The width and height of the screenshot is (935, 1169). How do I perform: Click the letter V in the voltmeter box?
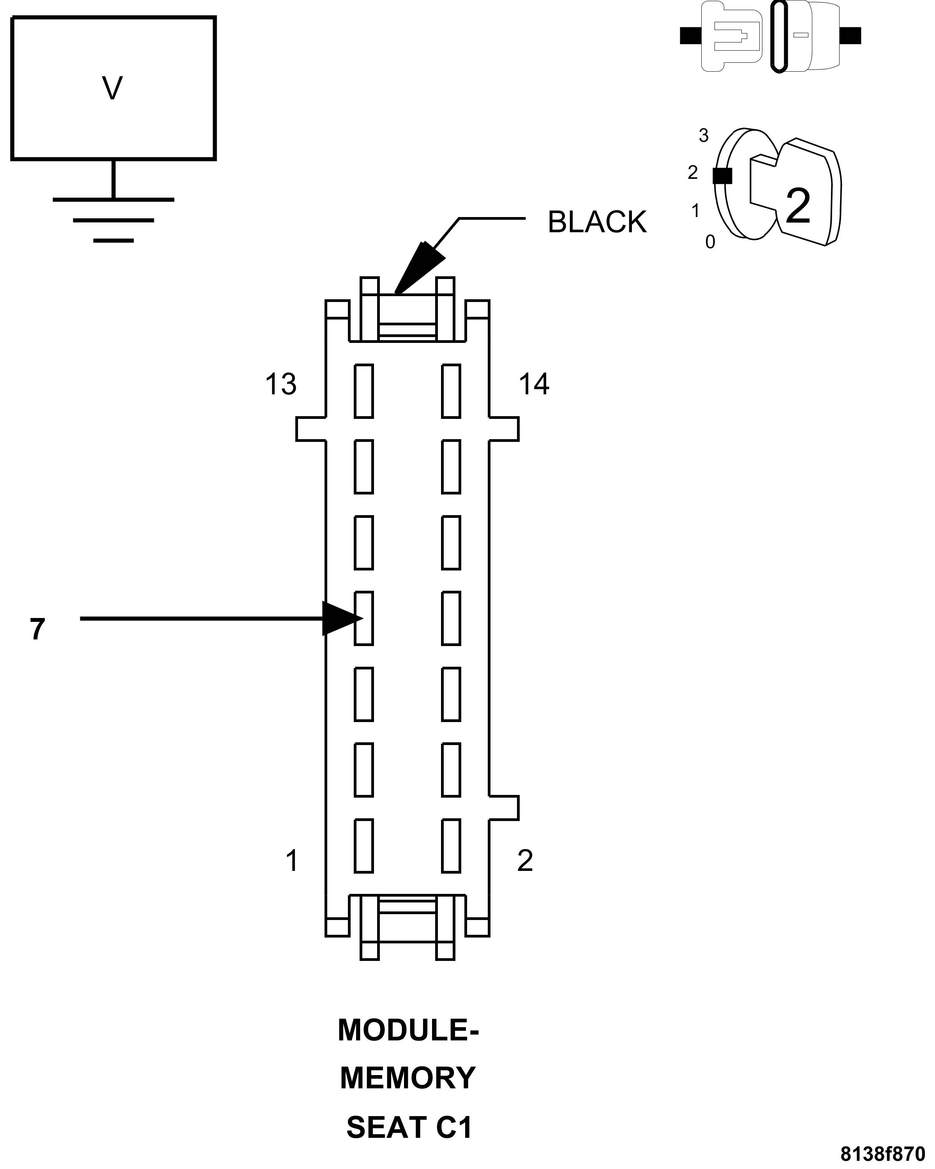click(112, 88)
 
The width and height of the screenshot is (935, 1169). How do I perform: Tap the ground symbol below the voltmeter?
click(113, 220)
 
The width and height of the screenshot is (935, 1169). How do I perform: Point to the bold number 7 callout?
click(37, 629)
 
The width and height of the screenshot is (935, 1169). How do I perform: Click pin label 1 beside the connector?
click(292, 860)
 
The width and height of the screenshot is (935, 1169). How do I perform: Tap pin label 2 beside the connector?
click(525, 860)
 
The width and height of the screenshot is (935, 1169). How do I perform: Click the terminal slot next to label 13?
click(364, 391)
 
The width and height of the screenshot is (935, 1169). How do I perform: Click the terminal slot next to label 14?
click(451, 391)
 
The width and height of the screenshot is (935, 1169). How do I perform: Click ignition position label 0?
click(710, 242)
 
